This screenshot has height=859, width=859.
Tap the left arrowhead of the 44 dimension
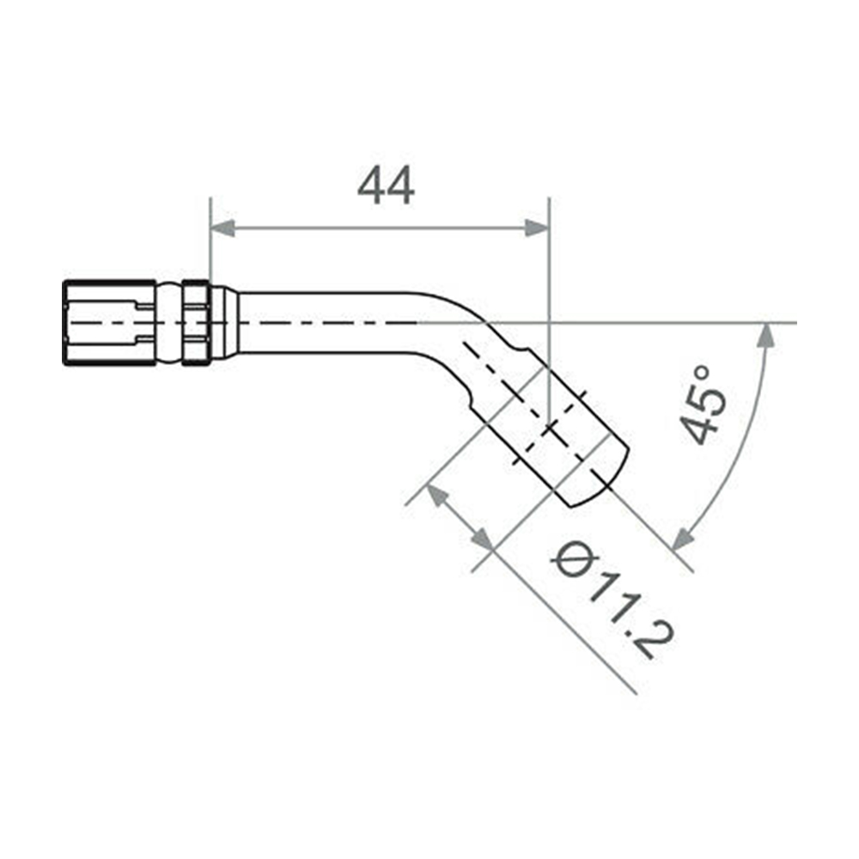click(222, 228)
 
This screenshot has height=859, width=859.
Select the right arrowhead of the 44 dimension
click(536, 228)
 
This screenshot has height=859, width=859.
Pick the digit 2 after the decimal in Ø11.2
click(654, 641)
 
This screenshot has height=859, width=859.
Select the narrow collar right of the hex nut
click(196, 323)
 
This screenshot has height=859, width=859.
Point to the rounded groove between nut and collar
click(168, 323)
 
